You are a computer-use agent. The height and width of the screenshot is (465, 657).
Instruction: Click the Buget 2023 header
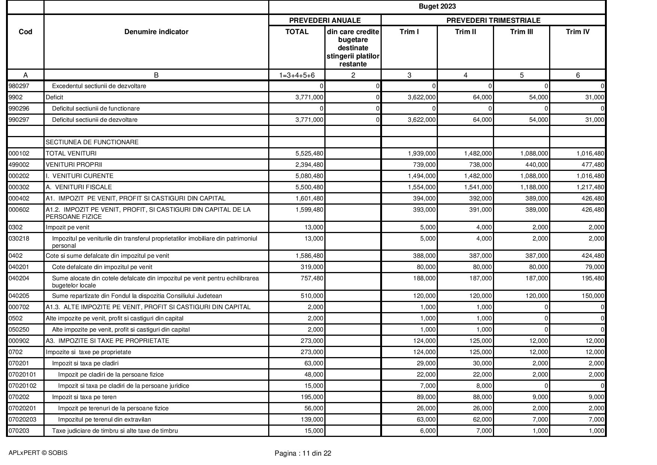437,6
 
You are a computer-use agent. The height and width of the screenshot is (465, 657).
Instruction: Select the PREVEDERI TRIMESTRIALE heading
493,20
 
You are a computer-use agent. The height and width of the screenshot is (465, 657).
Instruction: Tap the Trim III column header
521,32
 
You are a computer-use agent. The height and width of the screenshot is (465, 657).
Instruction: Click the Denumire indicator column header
156,32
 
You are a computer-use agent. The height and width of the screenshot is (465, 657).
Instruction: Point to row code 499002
19,164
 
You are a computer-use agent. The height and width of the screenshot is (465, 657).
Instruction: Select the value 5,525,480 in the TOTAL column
309,153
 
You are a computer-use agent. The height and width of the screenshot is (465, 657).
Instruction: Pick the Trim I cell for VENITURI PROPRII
424,164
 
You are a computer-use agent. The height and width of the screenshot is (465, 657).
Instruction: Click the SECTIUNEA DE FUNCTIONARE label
92,142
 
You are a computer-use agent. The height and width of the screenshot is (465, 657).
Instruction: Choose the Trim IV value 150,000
592,296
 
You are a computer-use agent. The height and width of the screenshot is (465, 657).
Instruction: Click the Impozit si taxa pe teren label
84,397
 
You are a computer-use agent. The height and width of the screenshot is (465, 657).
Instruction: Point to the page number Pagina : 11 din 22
303,453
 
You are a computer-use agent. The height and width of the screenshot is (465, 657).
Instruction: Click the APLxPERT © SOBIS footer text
38,453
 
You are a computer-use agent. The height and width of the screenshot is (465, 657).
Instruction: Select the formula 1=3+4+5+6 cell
297,75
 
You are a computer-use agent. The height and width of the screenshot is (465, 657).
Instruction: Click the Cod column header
25,32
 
